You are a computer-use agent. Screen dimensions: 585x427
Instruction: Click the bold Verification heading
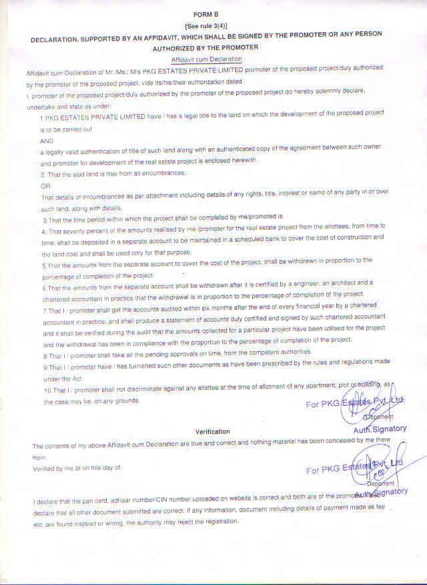pyautogui.click(x=212, y=431)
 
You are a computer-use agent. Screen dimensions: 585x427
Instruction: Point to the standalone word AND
pyautogui.click(x=46, y=142)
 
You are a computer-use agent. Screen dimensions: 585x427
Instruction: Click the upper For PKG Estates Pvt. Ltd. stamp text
pyautogui.click(x=354, y=403)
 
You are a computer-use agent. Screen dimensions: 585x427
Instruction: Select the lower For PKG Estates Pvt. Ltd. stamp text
pyautogui.click(x=354, y=468)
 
